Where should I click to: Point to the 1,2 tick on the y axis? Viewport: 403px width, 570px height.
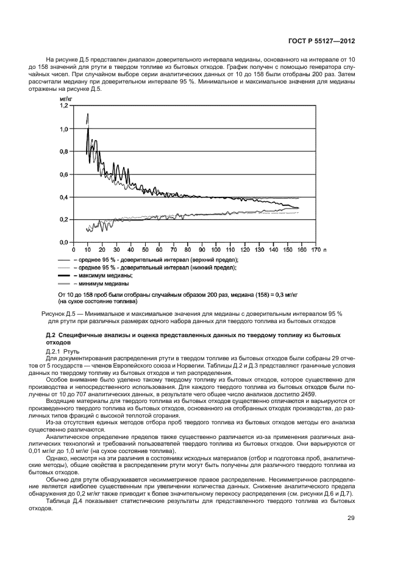pos(63,106)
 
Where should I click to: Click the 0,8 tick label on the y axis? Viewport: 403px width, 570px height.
pos(63,151)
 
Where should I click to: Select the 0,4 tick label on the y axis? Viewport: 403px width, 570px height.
pos(63,197)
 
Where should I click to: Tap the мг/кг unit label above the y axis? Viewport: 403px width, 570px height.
pos(65,98)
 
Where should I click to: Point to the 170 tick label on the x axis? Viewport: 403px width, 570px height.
pos(315,249)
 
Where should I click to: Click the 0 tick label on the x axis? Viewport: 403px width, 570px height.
pos(73,249)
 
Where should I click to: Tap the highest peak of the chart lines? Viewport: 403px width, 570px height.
pos(88,114)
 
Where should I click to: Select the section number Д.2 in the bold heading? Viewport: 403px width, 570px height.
pos(51,336)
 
